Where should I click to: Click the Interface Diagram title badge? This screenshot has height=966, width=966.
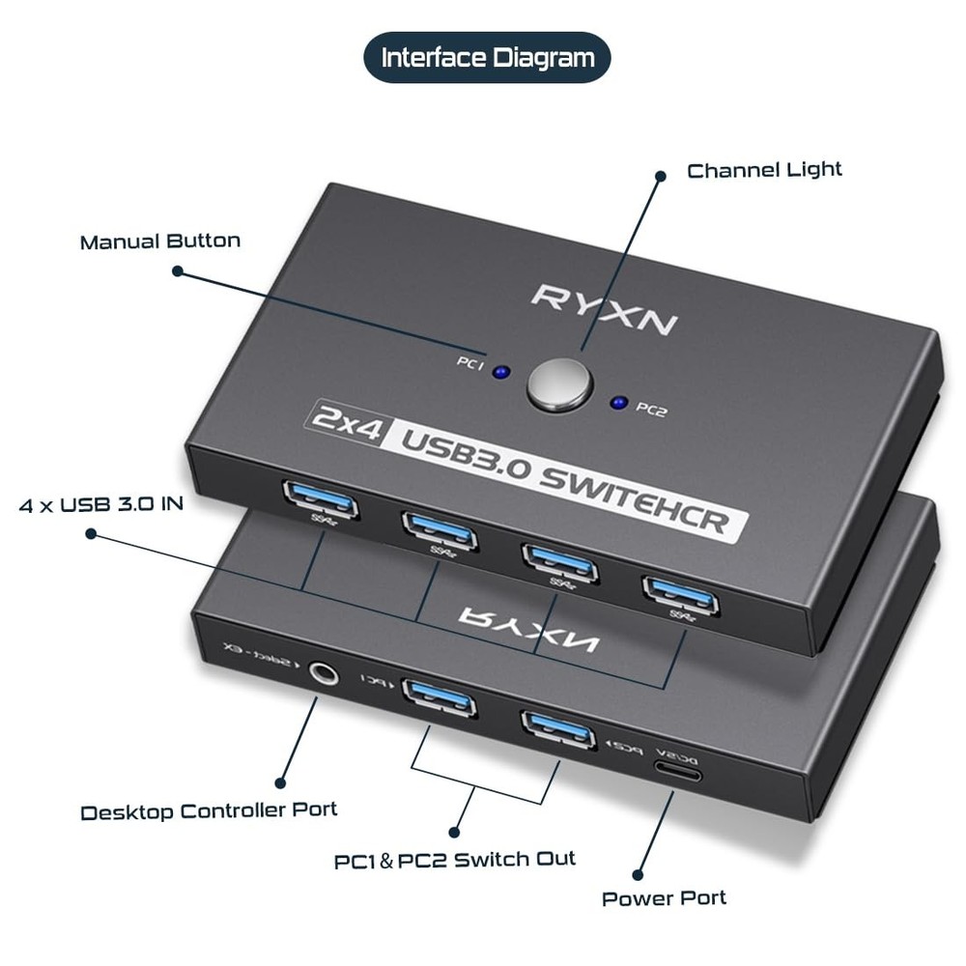(x=487, y=58)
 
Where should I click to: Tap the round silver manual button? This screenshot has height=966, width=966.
(x=558, y=384)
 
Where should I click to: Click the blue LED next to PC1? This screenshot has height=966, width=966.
(x=500, y=371)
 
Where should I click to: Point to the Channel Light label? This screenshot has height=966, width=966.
(x=764, y=170)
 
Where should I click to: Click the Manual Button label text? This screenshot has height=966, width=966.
(x=159, y=241)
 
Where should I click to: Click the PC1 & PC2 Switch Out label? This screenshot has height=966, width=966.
(x=455, y=859)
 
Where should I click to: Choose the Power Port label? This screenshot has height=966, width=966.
(x=664, y=898)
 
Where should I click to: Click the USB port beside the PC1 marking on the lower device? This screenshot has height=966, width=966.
(x=438, y=694)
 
